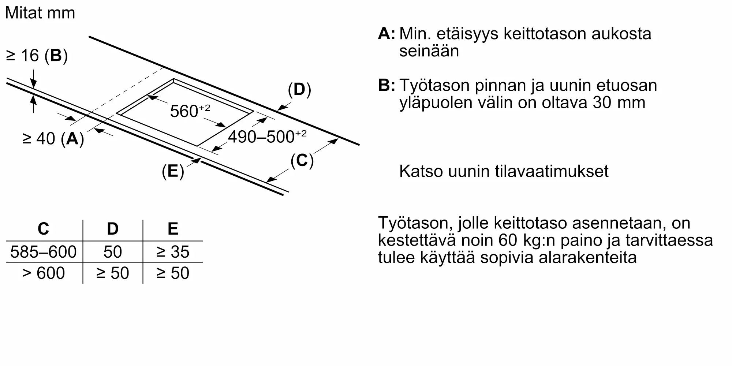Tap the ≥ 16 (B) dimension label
tap(37, 56)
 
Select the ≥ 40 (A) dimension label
tap(53, 139)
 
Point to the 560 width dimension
tap(190, 111)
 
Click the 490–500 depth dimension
tap(267, 137)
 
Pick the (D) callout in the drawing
tap(299, 90)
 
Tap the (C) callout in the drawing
tap(302, 160)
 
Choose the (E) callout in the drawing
tap(173, 171)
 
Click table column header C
tap(43, 229)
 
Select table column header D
tap(112, 229)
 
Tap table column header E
tap(173, 229)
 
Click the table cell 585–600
tap(43, 252)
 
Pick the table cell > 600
tap(43, 273)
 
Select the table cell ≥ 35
tap(173, 252)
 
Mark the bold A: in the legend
tap(386, 34)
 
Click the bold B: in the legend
tap(386, 85)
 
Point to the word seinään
tap(429, 51)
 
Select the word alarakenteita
tap(588, 258)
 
